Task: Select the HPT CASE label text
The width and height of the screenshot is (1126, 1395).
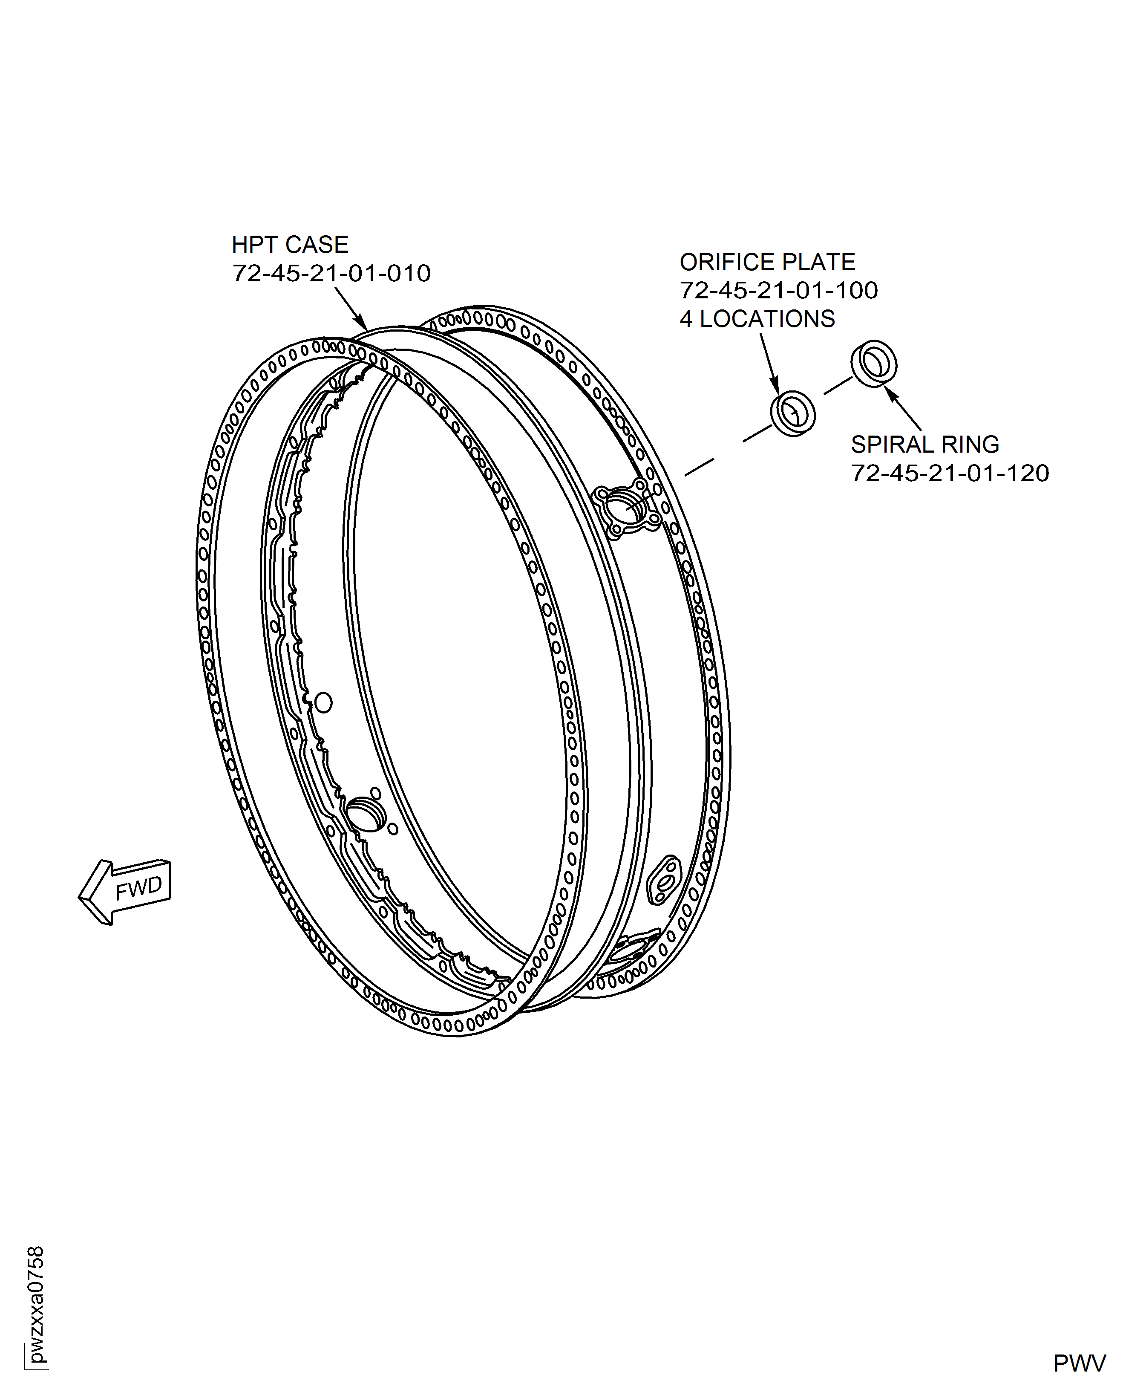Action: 290,245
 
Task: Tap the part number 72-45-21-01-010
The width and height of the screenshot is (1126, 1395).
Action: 331,273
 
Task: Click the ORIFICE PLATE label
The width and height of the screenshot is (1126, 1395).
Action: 767,262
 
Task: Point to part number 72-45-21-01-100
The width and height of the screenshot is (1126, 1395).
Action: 779,291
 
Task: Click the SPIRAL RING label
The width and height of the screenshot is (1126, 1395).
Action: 925,445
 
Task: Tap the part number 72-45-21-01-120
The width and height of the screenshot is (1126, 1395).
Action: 950,473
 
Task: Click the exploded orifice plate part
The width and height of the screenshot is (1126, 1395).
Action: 792,413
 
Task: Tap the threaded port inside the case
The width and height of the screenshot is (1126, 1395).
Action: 366,815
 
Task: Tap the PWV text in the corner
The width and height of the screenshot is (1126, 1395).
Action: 1079,1364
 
